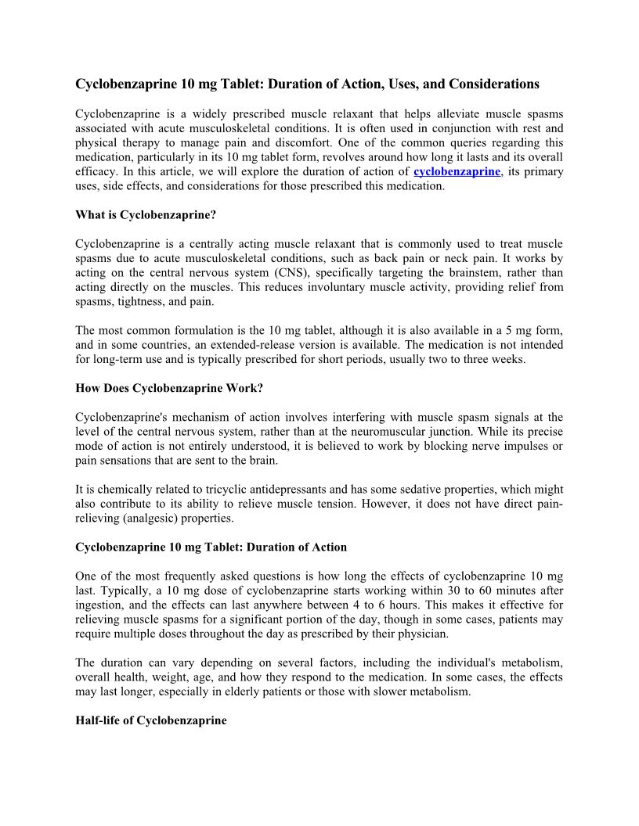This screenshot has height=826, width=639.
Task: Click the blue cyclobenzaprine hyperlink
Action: [457, 171]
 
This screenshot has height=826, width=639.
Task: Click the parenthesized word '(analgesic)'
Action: [153, 517]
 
